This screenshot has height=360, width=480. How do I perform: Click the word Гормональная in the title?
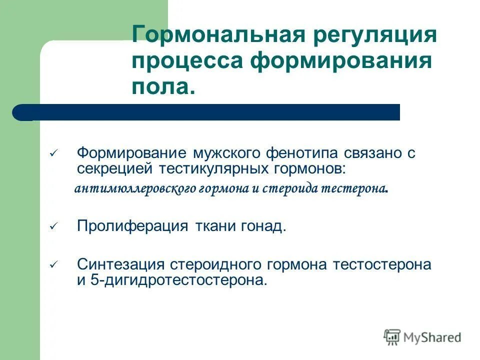tap(210, 36)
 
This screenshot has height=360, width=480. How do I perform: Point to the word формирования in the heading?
tap(341, 62)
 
